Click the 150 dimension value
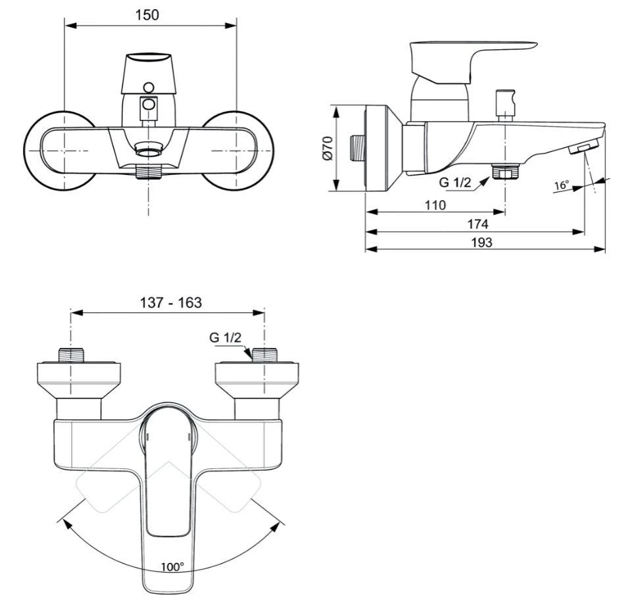(150, 14)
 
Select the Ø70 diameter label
(327, 148)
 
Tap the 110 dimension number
(434, 205)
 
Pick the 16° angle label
(561, 185)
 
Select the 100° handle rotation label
(172, 566)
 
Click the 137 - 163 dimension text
(170, 303)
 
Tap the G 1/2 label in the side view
(456, 182)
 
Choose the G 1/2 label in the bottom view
(226, 337)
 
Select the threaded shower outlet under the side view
(505, 172)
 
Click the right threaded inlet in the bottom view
(264, 355)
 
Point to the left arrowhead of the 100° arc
(64, 522)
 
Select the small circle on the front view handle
(149, 87)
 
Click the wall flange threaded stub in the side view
(358, 148)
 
